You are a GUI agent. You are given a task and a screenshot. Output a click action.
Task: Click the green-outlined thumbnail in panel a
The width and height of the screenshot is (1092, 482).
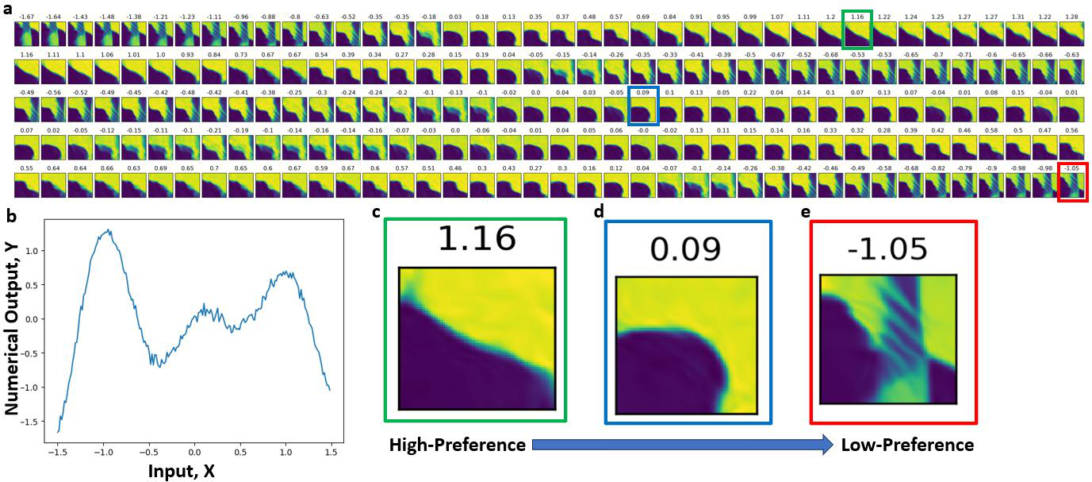click(x=857, y=35)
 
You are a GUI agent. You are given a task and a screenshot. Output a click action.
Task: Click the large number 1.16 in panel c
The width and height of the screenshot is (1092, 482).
click(x=477, y=239)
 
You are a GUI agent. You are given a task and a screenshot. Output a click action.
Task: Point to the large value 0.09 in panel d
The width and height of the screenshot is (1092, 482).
click(x=686, y=249)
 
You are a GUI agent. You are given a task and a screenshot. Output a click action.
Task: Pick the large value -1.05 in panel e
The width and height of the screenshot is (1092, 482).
click(x=888, y=249)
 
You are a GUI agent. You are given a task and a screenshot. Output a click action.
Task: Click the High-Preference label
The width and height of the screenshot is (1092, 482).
click(x=457, y=445)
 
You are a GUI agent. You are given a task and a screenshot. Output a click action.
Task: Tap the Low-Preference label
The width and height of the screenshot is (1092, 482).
click(x=907, y=445)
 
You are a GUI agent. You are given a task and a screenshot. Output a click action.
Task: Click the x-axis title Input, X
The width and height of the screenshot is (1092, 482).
click(x=182, y=471)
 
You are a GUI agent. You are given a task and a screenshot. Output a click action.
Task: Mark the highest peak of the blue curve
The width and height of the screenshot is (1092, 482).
click(x=109, y=230)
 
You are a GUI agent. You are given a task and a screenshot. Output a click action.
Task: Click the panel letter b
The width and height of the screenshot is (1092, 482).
click(x=10, y=215)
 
